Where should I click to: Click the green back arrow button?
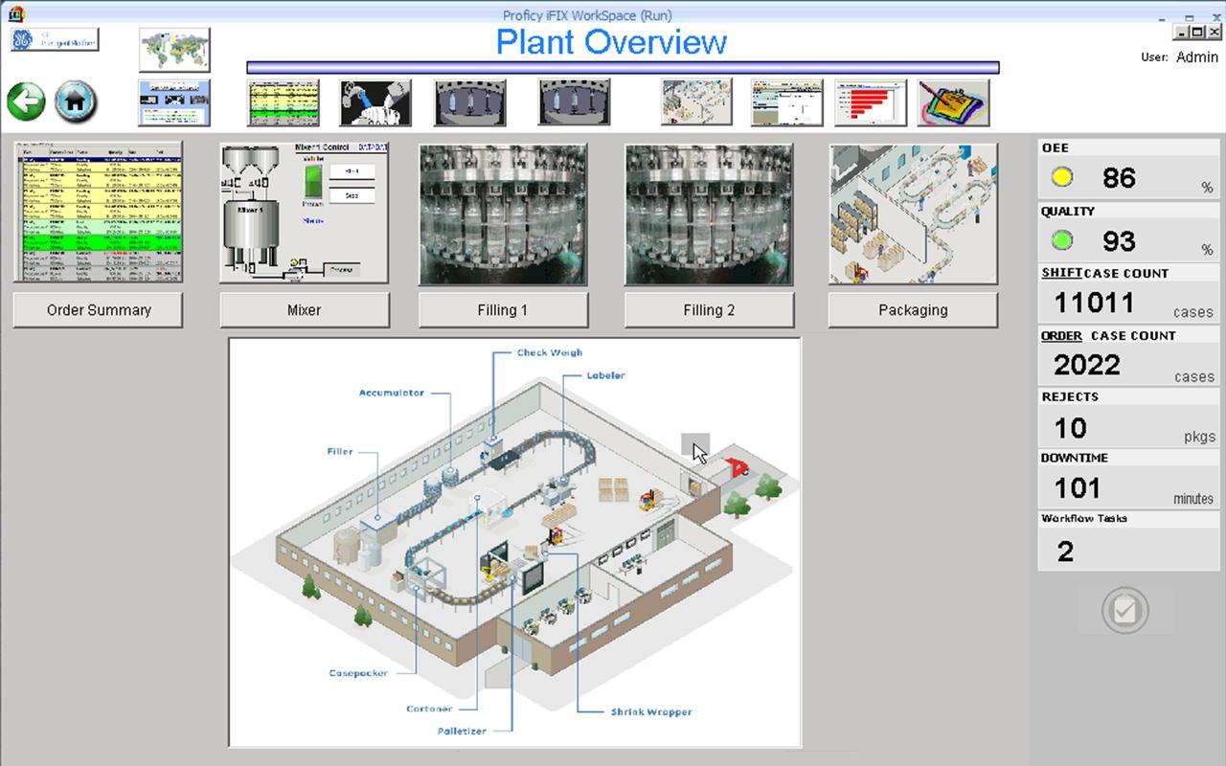pos(26,101)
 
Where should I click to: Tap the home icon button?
pos(76,101)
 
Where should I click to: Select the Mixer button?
pos(305,310)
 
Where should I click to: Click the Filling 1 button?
pos(503,310)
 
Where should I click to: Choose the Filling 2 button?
pos(709,310)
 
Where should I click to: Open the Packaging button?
pos(913,310)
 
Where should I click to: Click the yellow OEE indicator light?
pos(1061,177)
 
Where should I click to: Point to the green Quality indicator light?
pos(1061,240)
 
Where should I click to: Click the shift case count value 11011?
pos(1094,303)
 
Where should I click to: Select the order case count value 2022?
pos(1086,365)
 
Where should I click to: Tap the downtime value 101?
pos(1077,488)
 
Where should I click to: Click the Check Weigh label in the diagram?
pos(549,352)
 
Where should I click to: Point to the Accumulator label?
pos(391,393)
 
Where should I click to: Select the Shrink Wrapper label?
pos(651,711)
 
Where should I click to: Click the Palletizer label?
pos(462,731)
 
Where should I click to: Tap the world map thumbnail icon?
pos(174,50)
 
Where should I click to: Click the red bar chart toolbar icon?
pos(870,102)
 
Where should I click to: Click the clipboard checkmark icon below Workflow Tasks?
pos(1124,610)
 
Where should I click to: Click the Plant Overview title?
pos(611,42)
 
